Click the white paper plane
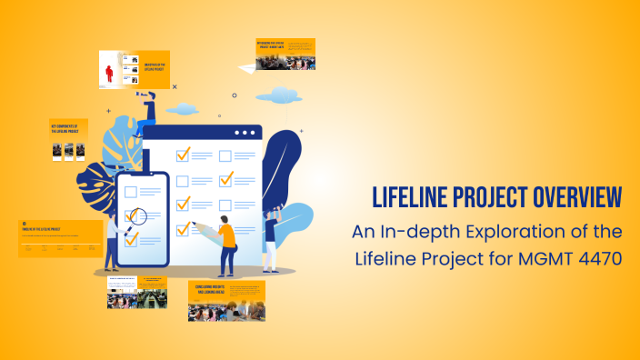[x=245, y=68]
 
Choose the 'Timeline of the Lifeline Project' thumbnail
[x=60, y=238]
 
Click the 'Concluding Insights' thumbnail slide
[x=226, y=301]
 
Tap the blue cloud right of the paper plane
[x=278, y=95]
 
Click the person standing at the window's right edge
[x=269, y=239]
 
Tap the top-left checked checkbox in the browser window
[x=182, y=155]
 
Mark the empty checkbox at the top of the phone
[x=130, y=192]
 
